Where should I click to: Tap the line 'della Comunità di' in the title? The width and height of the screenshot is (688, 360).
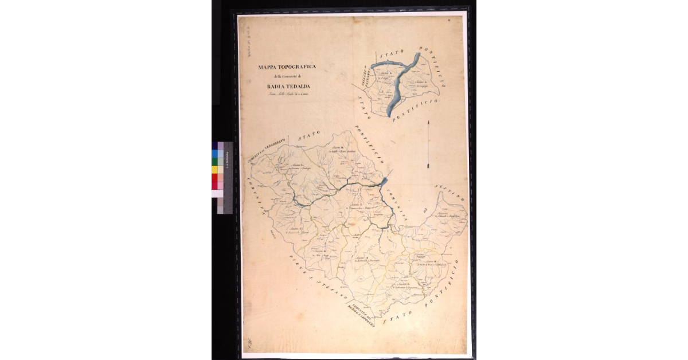284,77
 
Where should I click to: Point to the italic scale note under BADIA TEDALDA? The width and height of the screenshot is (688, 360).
283,96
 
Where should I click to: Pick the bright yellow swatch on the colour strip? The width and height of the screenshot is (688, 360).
215,170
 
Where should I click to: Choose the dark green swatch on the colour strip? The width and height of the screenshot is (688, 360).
215,162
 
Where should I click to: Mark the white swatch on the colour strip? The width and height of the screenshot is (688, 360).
215,194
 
